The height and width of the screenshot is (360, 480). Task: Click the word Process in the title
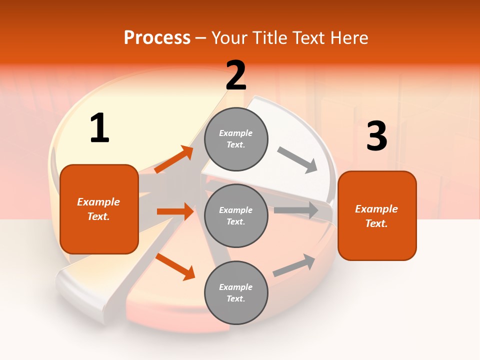(x=157, y=38)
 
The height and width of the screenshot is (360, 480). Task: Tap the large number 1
(x=99, y=128)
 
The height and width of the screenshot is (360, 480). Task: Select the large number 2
(x=236, y=75)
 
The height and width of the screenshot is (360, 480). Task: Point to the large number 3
(x=376, y=136)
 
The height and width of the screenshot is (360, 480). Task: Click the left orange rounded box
(x=99, y=209)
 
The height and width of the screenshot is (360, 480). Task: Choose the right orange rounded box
(x=377, y=215)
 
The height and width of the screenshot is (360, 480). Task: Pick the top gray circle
(x=236, y=139)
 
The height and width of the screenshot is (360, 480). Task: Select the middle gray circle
(x=236, y=215)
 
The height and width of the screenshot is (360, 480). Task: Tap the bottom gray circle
(x=236, y=292)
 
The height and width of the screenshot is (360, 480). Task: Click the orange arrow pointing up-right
(x=174, y=159)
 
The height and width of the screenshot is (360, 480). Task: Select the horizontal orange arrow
(x=175, y=211)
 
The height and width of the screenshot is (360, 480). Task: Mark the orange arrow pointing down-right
(x=175, y=266)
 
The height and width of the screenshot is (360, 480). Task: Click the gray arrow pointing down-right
(x=297, y=160)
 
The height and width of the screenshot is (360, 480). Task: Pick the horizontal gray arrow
(x=296, y=210)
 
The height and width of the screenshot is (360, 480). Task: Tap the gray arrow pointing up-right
(x=294, y=265)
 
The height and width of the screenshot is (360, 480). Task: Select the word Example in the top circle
(x=235, y=133)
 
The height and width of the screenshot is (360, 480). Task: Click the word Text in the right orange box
(x=376, y=223)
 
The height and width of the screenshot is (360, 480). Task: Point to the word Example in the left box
(x=98, y=202)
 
